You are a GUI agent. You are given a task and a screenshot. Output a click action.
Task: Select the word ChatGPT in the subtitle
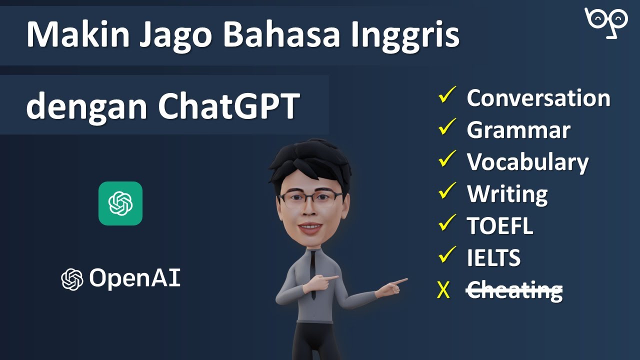[228, 106]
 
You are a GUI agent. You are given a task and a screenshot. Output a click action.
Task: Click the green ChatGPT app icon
[120, 203]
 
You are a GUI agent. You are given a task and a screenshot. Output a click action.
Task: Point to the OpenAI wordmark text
[134, 278]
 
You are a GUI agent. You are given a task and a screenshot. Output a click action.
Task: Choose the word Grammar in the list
[518, 130]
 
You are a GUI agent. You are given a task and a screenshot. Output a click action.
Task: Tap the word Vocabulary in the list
[527, 162]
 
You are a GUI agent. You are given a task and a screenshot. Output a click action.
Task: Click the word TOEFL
[499, 226]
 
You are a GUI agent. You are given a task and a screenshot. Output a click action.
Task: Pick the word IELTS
[493, 258]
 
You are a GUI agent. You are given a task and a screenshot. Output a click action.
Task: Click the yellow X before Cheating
[443, 290]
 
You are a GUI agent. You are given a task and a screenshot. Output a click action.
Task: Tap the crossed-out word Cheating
[514, 290]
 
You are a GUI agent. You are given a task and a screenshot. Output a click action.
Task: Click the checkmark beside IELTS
[446, 254]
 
